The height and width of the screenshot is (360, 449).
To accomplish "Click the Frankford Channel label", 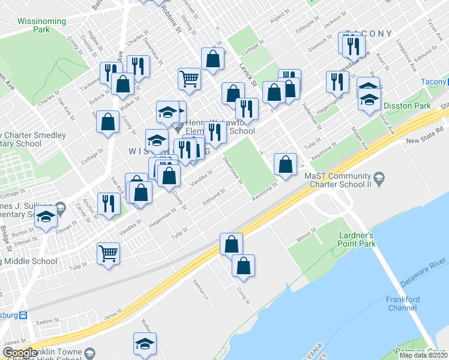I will [403, 304].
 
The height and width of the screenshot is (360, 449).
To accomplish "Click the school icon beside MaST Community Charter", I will [379, 177].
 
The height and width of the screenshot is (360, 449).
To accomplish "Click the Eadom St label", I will [46, 322].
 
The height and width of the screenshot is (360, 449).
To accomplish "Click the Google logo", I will [21, 353].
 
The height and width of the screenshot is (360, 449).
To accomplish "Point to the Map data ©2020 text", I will [423, 355].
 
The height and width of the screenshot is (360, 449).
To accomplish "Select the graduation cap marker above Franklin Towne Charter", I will [145, 343].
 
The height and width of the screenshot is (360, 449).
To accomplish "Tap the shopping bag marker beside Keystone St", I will [285, 164].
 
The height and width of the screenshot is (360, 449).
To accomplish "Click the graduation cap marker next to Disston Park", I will [369, 100].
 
